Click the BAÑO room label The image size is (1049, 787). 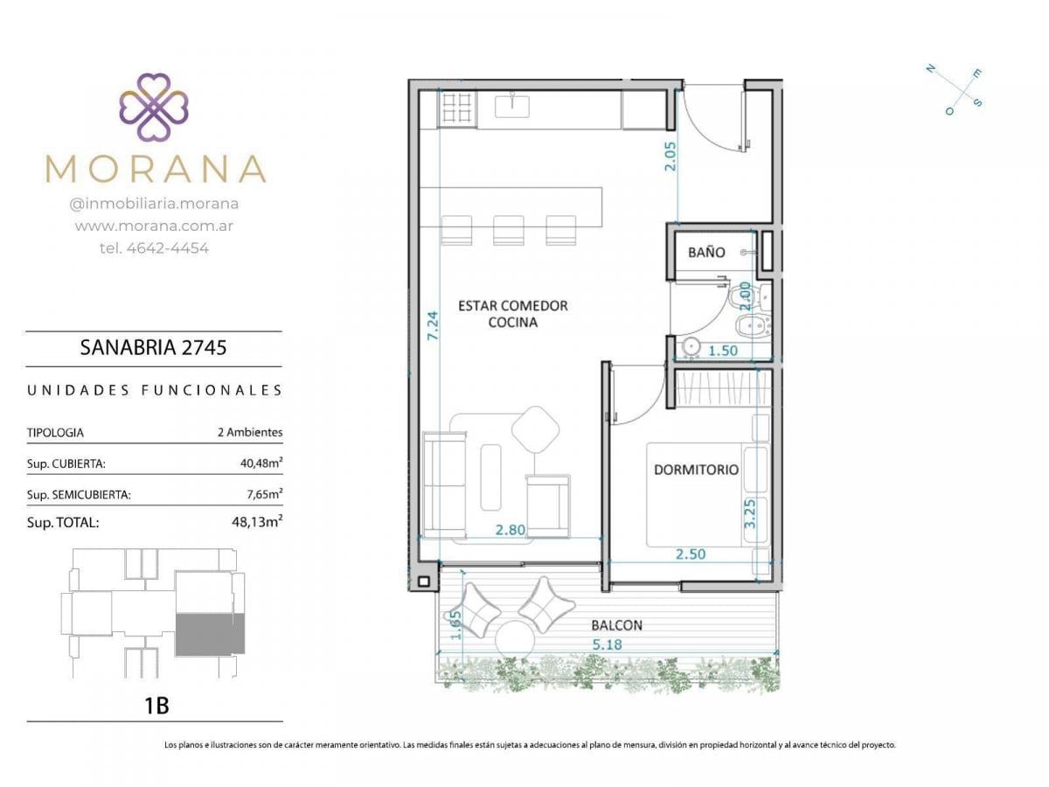(705, 253)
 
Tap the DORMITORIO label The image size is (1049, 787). (696, 470)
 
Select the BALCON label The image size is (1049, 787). (616, 625)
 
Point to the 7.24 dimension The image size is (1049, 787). (433, 325)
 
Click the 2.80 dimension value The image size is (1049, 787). (510, 530)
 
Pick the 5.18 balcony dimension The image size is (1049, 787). (607, 644)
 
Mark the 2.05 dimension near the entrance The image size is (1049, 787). (670, 157)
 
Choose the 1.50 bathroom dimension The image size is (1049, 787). (723, 351)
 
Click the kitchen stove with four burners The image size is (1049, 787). (457, 108)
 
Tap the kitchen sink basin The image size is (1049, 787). (511, 107)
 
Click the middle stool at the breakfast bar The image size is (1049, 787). (509, 230)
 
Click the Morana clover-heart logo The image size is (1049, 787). (154, 107)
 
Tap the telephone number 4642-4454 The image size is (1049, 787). (167, 248)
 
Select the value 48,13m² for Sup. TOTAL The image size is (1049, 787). (257, 521)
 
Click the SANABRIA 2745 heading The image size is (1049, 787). (153, 348)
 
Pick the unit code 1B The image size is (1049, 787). (156, 706)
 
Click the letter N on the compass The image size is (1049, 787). (930, 69)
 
